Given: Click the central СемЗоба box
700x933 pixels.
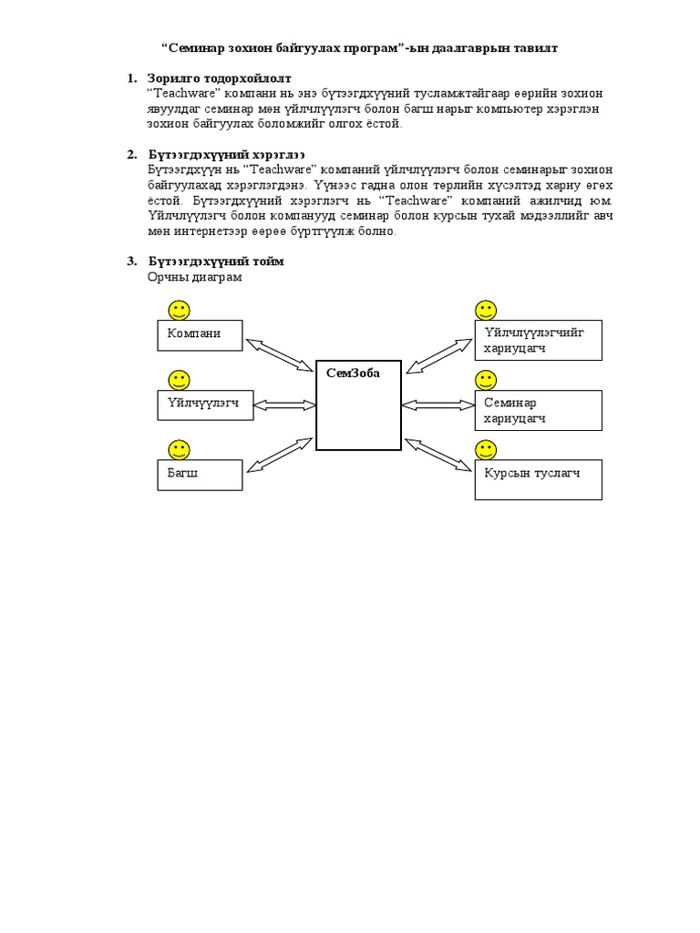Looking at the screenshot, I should [x=358, y=405].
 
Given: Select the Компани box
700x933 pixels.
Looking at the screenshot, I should [x=201, y=335].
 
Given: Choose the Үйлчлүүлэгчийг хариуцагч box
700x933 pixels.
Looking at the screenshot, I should [x=538, y=341].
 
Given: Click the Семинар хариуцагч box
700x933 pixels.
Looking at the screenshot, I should [x=538, y=410].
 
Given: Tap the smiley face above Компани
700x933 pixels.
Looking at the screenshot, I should [x=179, y=310].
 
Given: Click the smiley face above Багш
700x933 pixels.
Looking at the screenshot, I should [x=179, y=449].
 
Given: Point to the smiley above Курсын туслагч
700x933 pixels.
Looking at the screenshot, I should [x=486, y=449].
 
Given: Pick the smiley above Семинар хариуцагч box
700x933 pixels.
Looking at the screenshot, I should [x=486, y=380].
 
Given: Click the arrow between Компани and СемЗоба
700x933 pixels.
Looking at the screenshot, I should [x=280, y=354].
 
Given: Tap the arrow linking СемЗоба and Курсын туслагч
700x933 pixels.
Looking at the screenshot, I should [x=438, y=455].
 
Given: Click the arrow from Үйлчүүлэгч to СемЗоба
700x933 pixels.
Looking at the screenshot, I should [x=284, y=404].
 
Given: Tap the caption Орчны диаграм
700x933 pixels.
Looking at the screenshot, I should [x=195, y=277].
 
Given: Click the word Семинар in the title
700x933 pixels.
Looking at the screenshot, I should [x=197, y=47].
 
